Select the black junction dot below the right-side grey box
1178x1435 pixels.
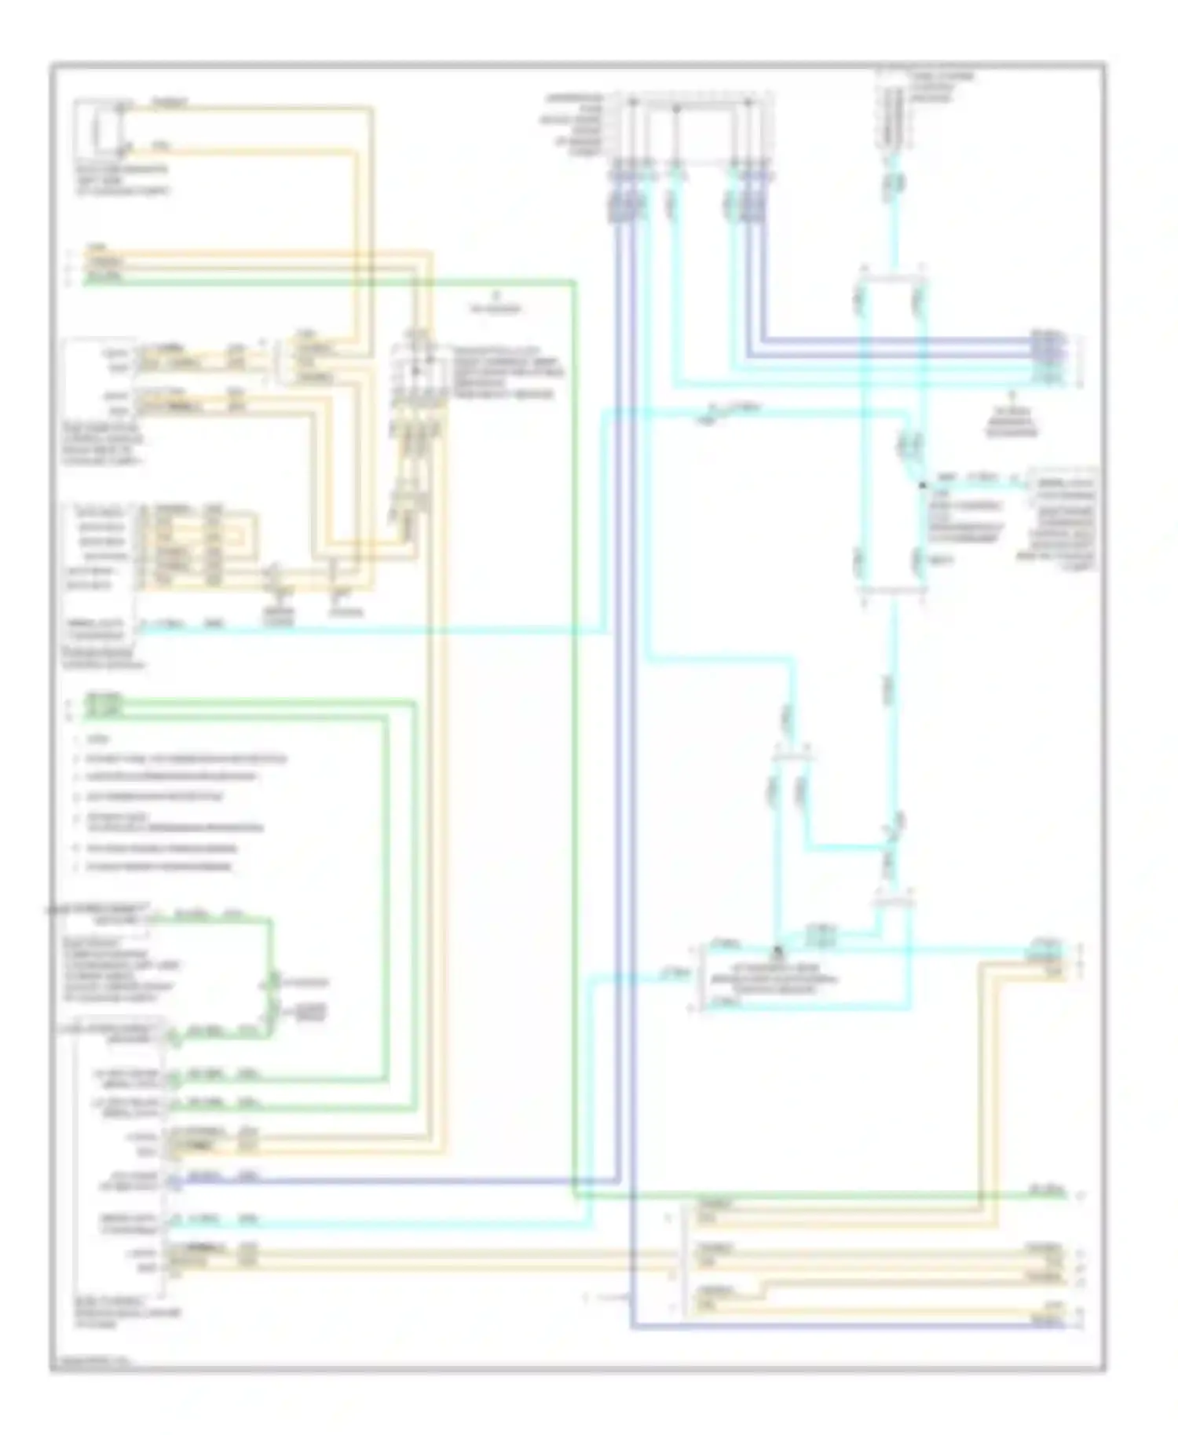(923, 486)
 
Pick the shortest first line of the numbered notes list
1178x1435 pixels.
(98, 739)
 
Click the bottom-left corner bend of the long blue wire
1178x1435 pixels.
(633, 1326)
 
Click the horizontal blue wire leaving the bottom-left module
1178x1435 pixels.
(393, 1179)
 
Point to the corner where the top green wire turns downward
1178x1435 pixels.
(574, 282)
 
